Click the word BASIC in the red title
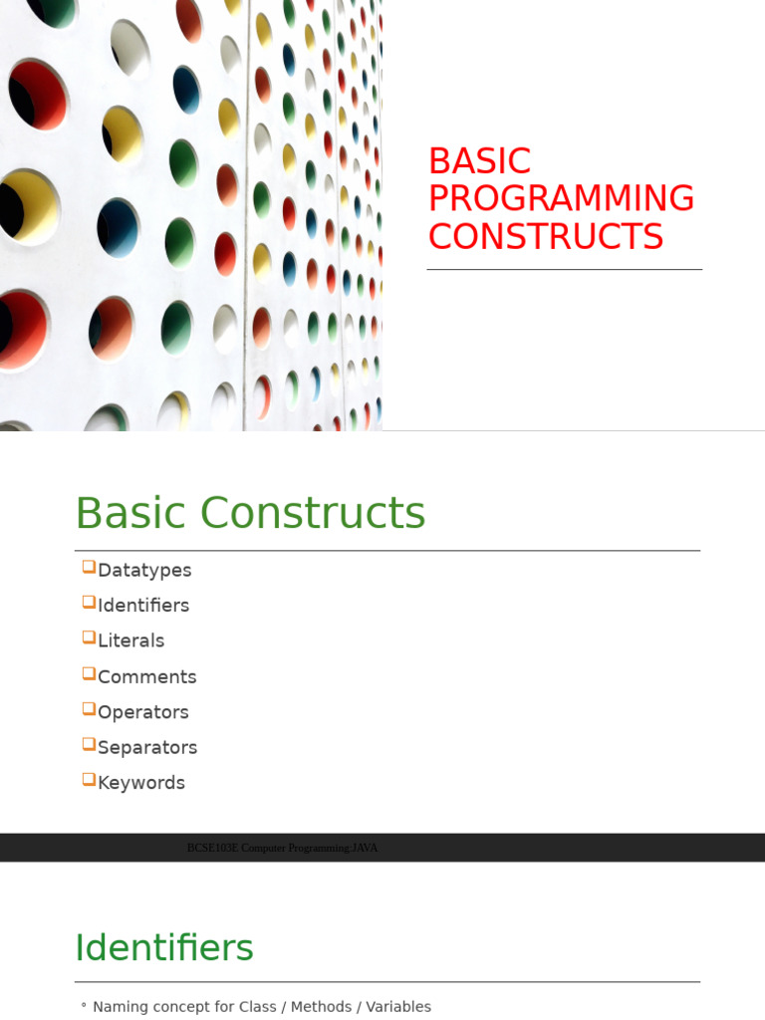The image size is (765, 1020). click(479, 160)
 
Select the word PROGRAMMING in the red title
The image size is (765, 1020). click(562, 198)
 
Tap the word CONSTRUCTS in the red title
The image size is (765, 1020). click(546, 236)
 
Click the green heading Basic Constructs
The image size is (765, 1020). click(250, 513)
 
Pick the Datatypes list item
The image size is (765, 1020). click(144, 571)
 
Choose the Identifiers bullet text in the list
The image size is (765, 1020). click(143, 605)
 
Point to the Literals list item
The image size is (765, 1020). click(130, 640)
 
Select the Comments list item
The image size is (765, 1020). click(147, 676)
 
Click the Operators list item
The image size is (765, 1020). click(143, 712)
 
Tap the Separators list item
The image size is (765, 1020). click(147, 747)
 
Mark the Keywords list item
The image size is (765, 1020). click(141, 783)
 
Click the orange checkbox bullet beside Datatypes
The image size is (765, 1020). click(89, 567)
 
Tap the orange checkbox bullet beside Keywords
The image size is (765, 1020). click(89, 779)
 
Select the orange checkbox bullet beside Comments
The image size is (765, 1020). click(89, 673)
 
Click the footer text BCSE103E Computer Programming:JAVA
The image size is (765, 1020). click(282, 848)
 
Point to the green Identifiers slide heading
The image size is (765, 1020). click(164, 947)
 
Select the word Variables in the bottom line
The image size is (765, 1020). click(398, 1006)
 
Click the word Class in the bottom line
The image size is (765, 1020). click(258, 1006)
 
